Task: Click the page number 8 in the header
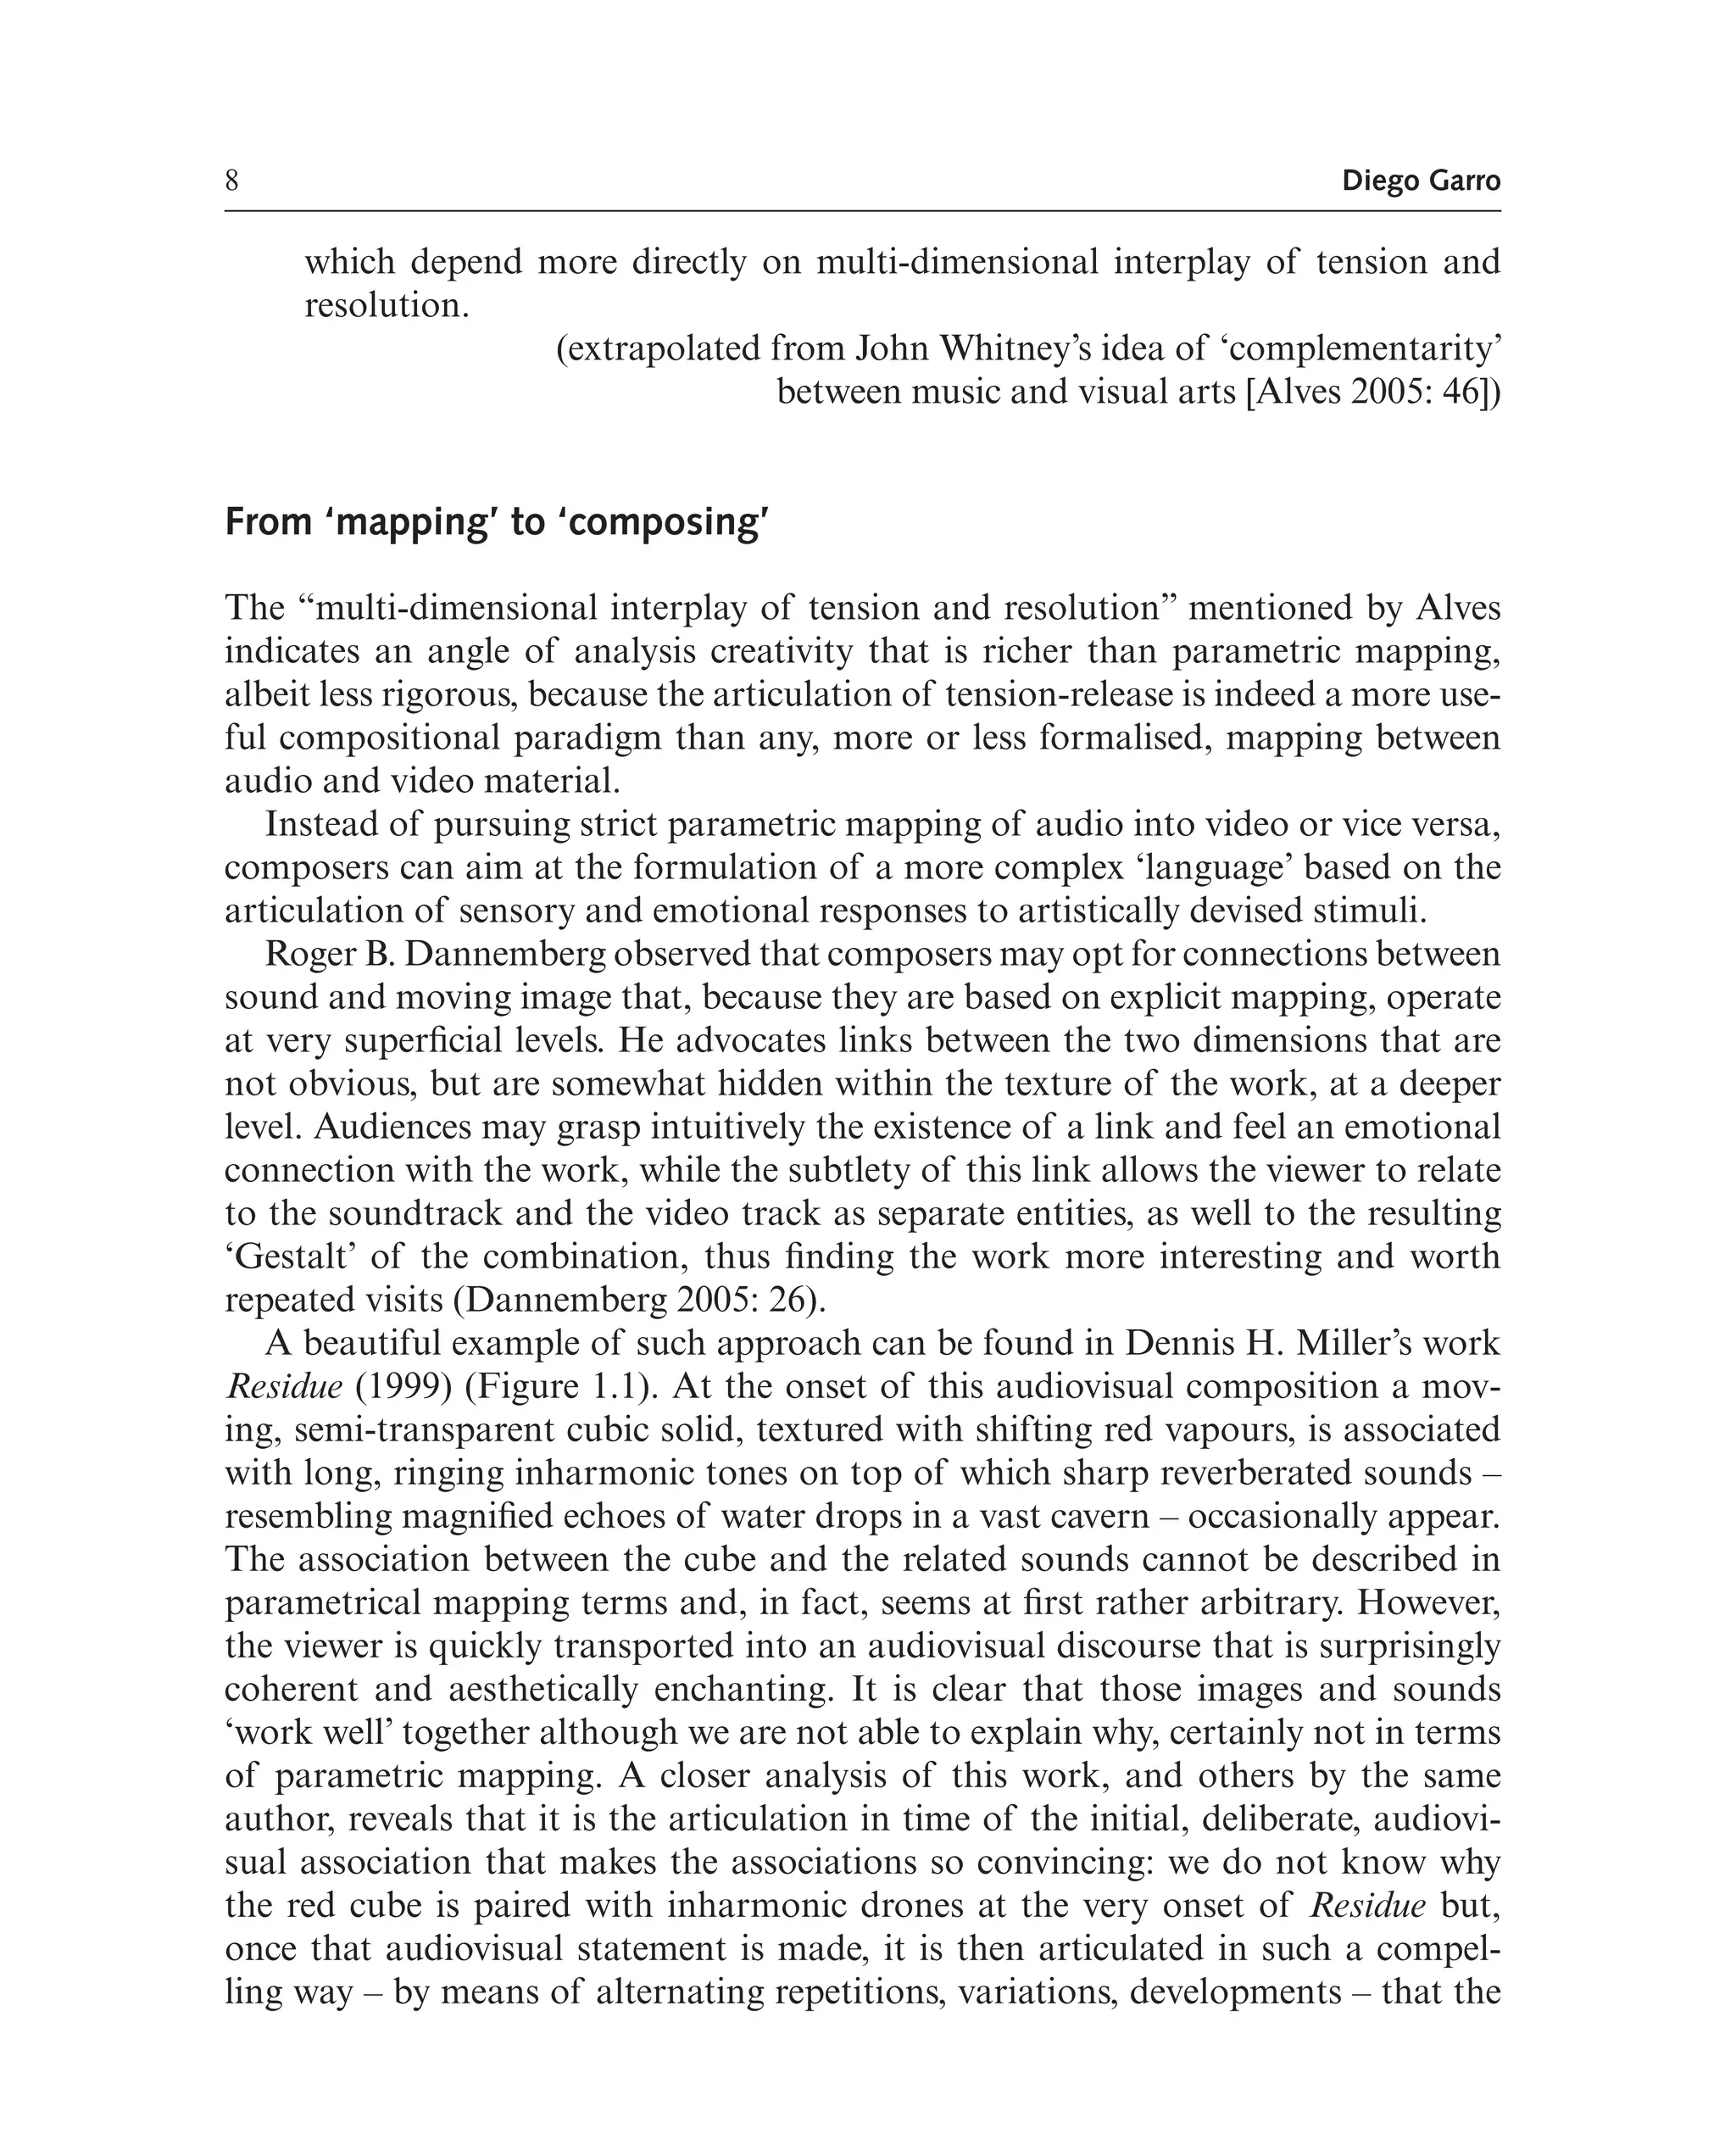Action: (x=232, y=181)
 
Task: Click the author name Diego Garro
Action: (x=1420, y=181)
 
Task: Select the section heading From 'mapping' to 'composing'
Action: (x=496, y=522)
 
